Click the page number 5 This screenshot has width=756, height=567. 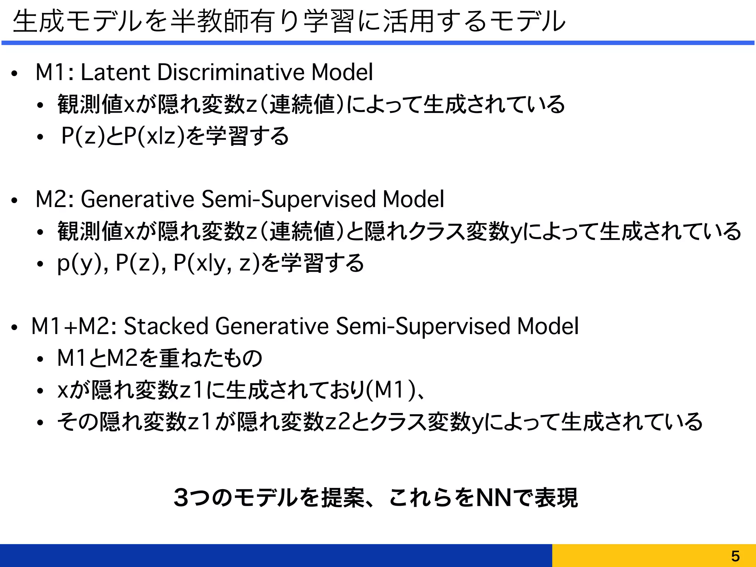point(735,556)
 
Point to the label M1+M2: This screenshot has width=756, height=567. point(74,326)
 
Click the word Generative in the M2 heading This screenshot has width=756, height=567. point(137,199)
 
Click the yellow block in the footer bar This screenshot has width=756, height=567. point(654,555)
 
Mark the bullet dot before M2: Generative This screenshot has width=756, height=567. point(14,201)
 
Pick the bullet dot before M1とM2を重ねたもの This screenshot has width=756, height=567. point(40,360)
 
